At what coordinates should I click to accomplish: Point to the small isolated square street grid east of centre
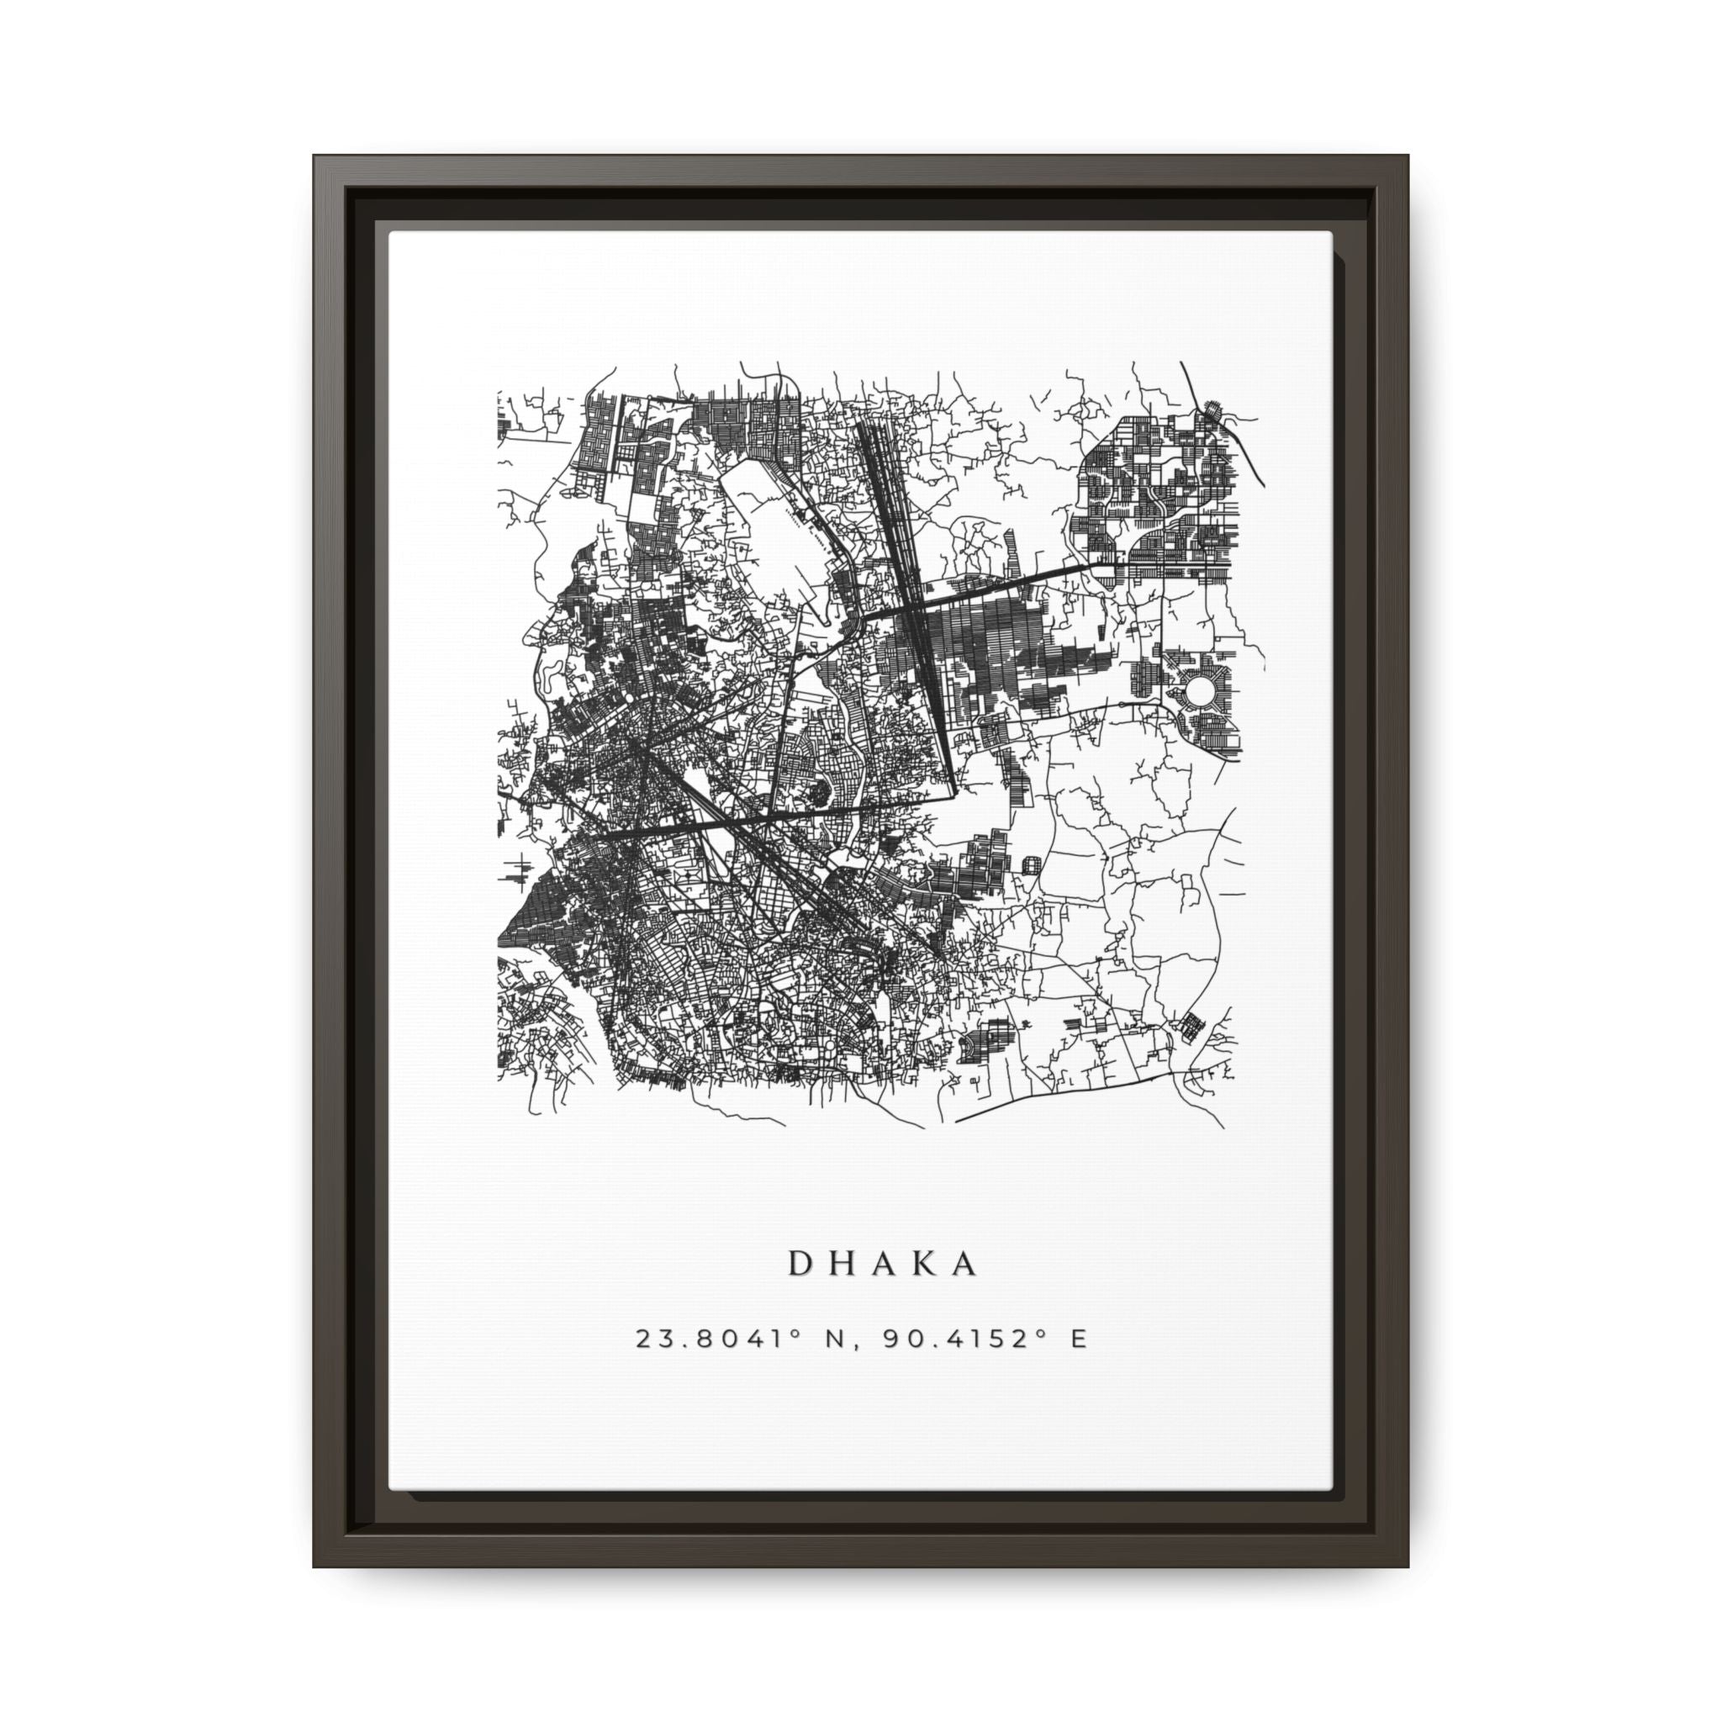point(1033,864)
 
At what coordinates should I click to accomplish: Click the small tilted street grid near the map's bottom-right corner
point(1191,1024)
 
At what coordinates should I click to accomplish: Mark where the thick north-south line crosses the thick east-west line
point(911,608)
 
